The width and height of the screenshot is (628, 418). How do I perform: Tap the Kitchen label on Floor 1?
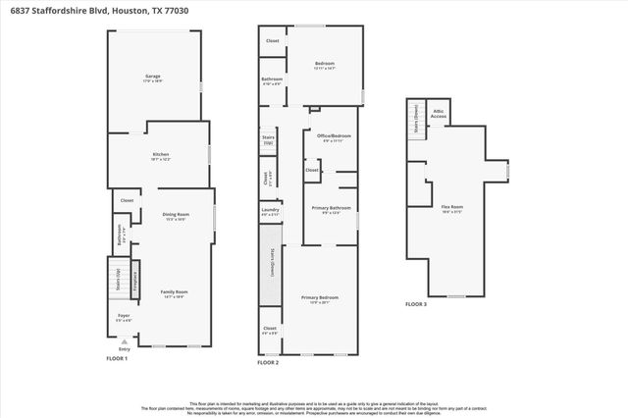(x=160, y=156)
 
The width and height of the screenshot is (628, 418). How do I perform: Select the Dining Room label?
(x=175, y=216)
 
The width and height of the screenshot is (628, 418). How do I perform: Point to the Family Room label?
(x=175, y=294)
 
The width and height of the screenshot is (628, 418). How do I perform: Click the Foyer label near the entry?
(x=124, y=317)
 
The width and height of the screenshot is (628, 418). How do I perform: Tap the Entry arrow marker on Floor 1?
(x=124, y=340)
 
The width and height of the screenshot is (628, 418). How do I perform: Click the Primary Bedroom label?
(x=321, y=299)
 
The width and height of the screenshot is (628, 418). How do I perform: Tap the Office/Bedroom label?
(x=335, y=137)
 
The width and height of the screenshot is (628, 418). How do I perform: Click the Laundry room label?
(x=271, y=211)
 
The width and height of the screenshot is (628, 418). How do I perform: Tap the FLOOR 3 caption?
(x=417, y=305)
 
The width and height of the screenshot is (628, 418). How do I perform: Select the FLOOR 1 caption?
(x=117, y=358)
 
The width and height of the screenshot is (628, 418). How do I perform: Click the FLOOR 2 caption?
(x=268, y=363)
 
